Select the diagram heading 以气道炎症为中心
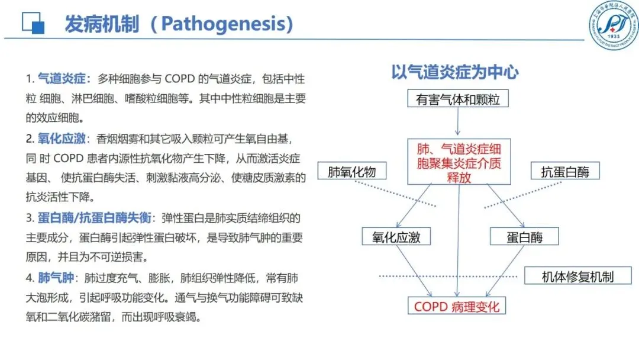(x=455, y=72)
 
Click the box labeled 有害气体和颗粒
(x=457, y=99)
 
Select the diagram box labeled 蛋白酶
(x=524, y=237)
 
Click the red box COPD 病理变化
(x=457, y=306)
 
